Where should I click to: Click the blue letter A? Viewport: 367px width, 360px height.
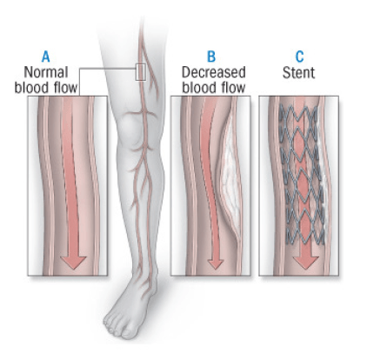(46, 57)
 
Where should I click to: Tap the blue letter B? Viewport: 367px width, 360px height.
(211, 57)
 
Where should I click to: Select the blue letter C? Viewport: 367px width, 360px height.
(299, 57)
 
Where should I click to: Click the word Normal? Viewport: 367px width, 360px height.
(46, 72)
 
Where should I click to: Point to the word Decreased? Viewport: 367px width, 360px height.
(214, 72)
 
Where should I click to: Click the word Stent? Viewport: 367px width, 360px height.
(298, 72)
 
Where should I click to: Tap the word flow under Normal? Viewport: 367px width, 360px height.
(66, 88)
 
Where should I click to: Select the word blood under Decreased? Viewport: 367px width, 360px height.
(197, 88)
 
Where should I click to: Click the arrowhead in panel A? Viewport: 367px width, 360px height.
(73, 263)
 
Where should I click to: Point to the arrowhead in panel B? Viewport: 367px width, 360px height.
(216, 263)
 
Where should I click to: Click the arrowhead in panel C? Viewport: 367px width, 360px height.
(306, 263)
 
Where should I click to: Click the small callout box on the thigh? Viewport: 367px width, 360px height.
(141, 72)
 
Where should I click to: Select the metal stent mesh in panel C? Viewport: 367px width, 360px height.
(302, 175)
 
